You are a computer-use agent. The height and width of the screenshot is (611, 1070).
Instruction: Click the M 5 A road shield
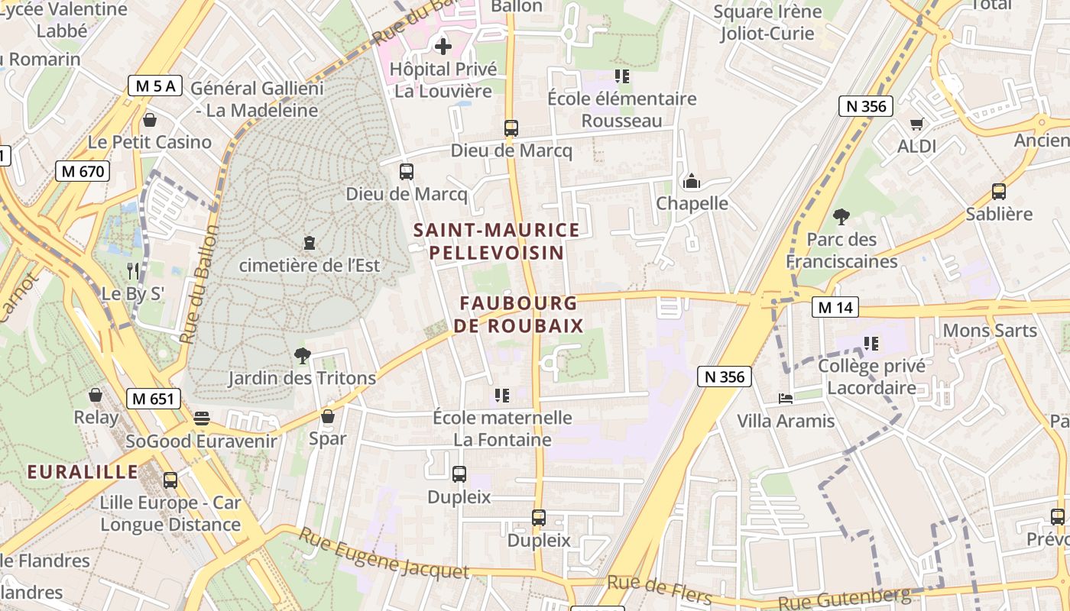pyautogui.click(x=155, y=86)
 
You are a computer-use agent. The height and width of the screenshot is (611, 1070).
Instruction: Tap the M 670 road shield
pyautogui.click(x=83, y=171)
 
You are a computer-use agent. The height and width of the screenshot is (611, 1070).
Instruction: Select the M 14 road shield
pyautogui.click(x=835, y=307)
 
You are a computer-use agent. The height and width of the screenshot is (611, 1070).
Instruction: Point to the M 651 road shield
pyautogui.click(x=154, y=398)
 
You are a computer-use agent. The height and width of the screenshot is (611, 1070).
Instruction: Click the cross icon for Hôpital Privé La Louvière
pyautogui.click(x=443, y=47)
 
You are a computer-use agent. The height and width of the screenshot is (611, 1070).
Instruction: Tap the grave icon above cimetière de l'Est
pyautogui.click(x=310, y=243)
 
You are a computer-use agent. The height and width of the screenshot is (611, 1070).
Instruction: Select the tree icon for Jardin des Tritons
pyautogui.click(x=303, y=355)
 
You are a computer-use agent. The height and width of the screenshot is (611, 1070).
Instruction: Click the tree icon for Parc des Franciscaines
pyautogui.click(x=841, y=217)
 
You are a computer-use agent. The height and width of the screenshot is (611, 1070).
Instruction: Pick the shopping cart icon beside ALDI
pyautogui.click(x=916, y=124)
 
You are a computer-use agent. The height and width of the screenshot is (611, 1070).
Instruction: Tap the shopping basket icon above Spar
pyautogui.click(x=328, y=416)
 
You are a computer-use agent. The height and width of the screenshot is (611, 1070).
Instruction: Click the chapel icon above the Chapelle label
pyautogui.click(x=692, y=181)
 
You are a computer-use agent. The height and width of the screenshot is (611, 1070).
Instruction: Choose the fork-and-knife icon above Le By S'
pyautogui.click(x=133, y=270)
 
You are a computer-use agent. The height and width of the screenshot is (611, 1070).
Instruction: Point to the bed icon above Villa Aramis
pyautogui.click(x=785, y=398)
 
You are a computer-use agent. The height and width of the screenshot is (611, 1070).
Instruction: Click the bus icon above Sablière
pyautogui.click(x=998, y=191)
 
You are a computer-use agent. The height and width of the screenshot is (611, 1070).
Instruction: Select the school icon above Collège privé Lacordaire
pyautogui.click(x=871, y=344)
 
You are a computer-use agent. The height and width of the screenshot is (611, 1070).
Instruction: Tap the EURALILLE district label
pyautogui.click(x=83, y=471)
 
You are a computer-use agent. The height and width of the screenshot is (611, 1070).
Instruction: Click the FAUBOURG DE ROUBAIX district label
pyautogui.click(x=519, y=315)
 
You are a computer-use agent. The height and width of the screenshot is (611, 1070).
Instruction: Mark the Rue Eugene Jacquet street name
pyautogui.click(x=383, y=553)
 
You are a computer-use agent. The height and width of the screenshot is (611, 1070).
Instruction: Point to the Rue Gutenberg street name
pyautogui.click(x=845, y=598)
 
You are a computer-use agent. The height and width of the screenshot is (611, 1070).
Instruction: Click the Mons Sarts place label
pyautogui.click(x=990, y=331)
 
